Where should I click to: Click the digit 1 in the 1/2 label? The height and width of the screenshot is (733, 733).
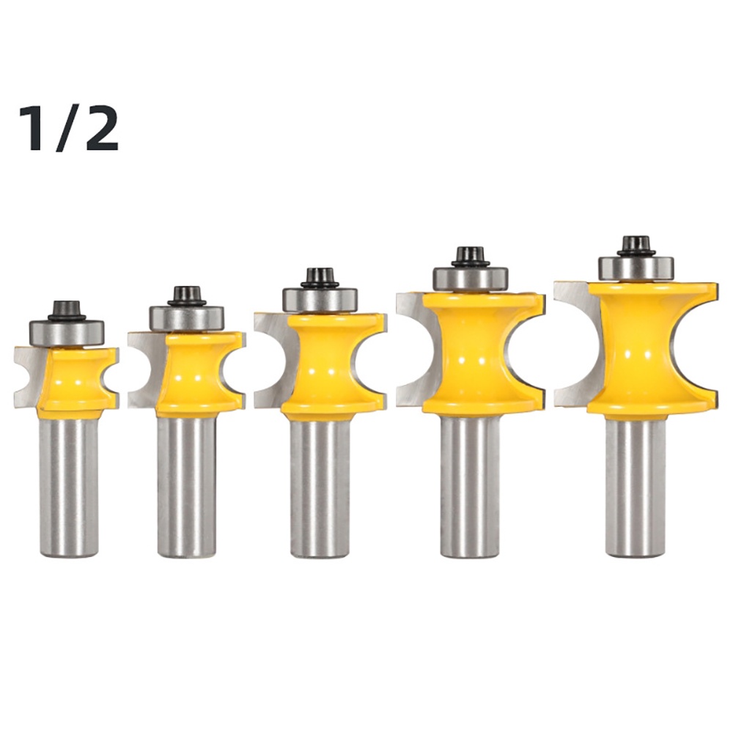point(34,128)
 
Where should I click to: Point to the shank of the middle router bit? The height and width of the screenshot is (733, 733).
point(320,487)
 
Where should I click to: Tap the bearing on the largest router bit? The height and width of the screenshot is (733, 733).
point(636,269)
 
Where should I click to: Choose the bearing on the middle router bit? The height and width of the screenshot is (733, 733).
point(320,301)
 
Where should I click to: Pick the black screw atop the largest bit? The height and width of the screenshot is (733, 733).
point(636,246)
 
